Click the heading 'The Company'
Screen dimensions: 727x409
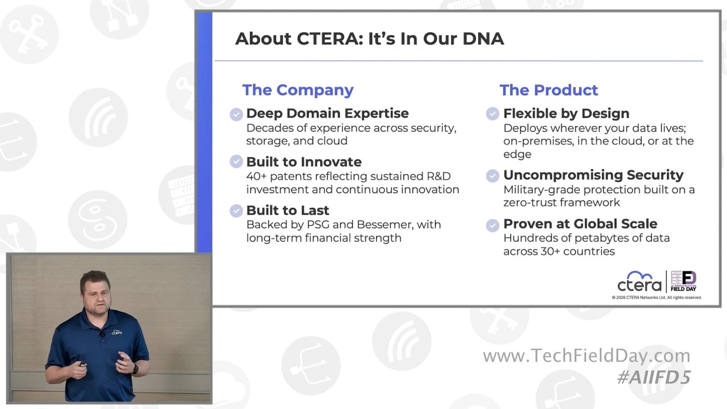click(298, 90)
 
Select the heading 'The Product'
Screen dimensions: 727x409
click(549, 90)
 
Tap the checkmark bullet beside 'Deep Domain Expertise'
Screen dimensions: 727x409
click(236, 114)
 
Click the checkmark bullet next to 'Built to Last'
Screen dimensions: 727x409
click(236, 211)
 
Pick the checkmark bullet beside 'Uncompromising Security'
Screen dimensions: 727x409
click(492, 176)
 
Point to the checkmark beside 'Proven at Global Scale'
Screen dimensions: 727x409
click(492, 225)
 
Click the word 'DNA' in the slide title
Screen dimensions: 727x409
click(483, 39)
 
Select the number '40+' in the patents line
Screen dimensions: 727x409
click(256, 176)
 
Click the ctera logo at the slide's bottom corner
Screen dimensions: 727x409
click(639, 281)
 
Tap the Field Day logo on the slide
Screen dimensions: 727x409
click(683, 281)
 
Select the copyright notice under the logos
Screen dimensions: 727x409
click(657, 297)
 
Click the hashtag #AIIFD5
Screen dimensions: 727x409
click(654, 378)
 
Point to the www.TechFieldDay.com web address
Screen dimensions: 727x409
click(587, 356)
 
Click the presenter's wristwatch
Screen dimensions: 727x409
click(135, 369)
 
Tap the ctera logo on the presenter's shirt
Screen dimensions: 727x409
click(117, 332)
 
